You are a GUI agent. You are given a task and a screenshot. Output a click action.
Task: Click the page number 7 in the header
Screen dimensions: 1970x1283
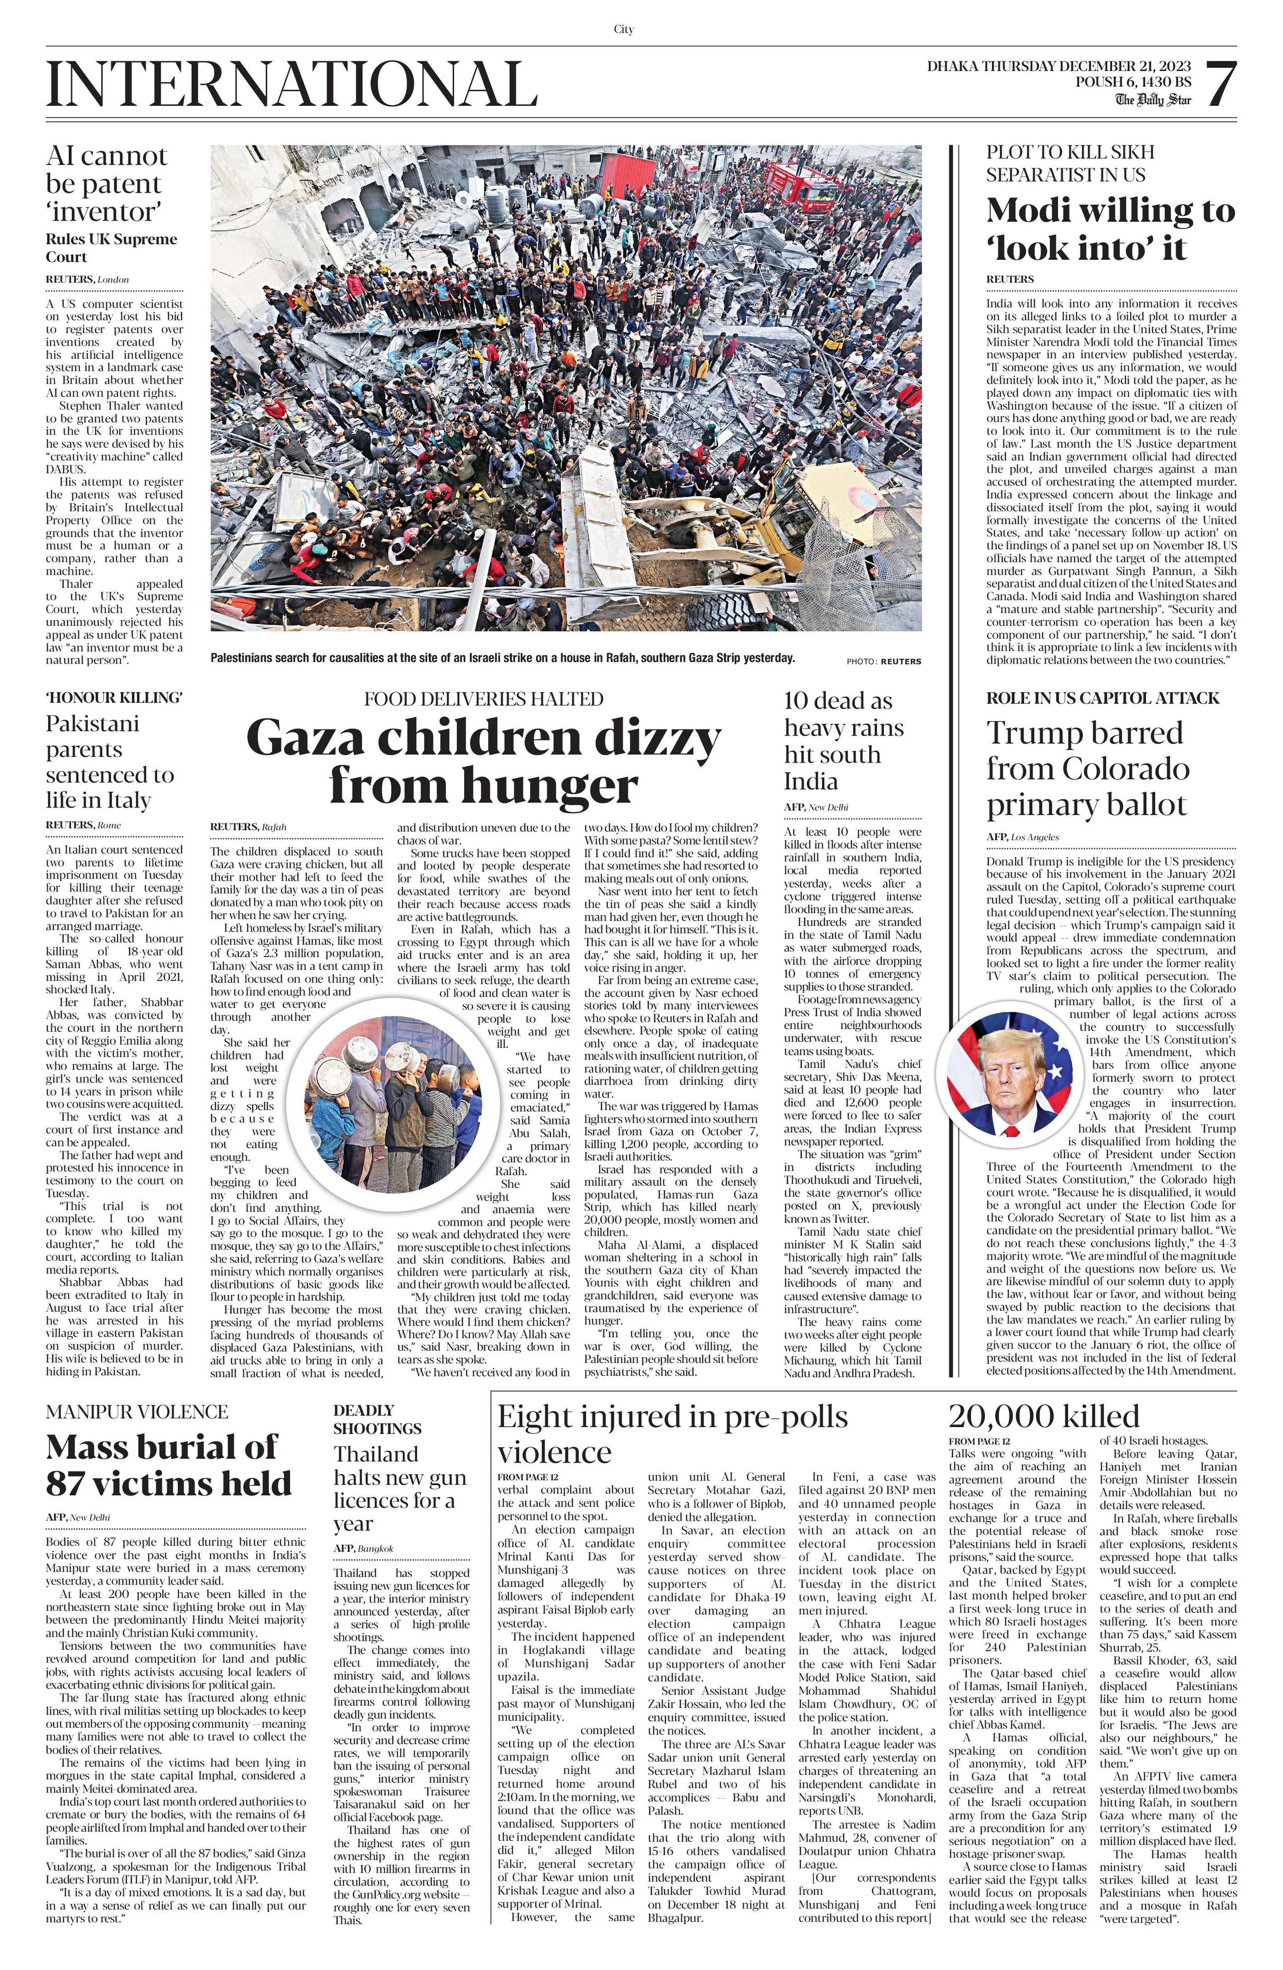tap(1220, 85)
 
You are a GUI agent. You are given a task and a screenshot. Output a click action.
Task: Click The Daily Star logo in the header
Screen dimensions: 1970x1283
tap(1152, 100)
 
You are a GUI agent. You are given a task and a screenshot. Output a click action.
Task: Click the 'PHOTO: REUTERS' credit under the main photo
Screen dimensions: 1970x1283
tap(883, 661)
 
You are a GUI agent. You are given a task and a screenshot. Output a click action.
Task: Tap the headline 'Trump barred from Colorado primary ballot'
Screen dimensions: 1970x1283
tap(1088, 769)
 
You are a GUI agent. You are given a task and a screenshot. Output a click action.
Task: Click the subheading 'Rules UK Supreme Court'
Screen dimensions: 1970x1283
tap(111, 248)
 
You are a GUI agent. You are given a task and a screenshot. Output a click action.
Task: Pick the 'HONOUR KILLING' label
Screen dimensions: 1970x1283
tap(114, 698)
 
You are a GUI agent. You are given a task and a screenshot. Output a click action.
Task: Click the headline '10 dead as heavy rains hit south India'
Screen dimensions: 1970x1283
tap(844, 741)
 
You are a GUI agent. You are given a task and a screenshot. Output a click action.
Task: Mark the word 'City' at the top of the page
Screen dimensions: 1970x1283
tap(624, 29)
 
